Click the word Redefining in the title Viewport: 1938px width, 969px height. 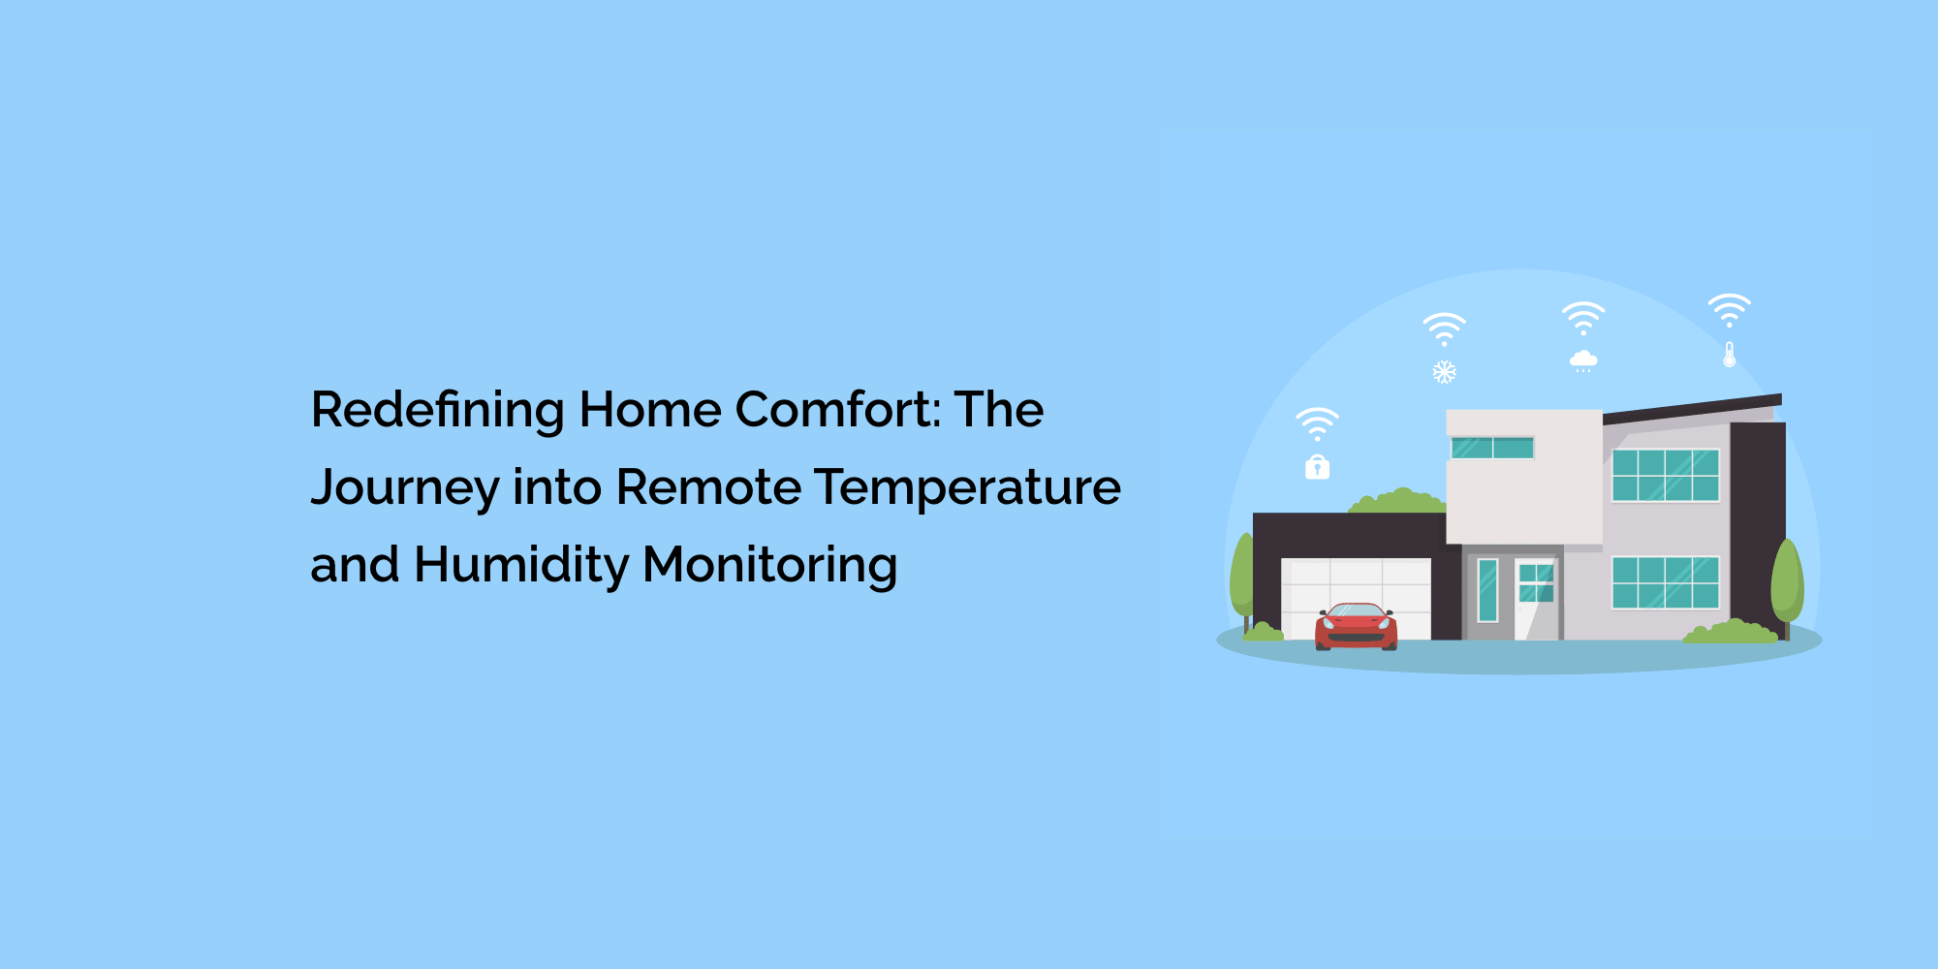[x=438, y=411]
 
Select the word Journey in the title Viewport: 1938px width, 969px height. [x=405, y=488]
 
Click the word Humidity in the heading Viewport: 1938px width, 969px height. [x=521, y=565]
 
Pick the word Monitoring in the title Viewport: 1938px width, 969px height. [x=770, y=566]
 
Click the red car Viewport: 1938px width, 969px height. [x=1356, y=626]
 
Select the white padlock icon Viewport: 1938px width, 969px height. [x=1317, y=466]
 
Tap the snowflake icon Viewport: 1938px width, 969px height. [x=1445, y=372]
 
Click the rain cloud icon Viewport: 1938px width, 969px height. [x=1583, y=361]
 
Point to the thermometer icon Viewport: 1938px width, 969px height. [x=1730, y=354]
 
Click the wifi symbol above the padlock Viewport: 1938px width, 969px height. [x=1317, y=424]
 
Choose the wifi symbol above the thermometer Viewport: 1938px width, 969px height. [x=1730, y=310]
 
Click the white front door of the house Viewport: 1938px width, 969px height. [x=1536, y=599]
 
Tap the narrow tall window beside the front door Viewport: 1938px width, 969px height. [x=1487, y=590]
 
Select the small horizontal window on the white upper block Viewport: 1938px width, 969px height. [x=1492, y=448]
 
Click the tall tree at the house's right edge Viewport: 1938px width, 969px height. [x=1787, y=584]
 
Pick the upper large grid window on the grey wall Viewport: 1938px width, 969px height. [x=1666, y=475]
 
